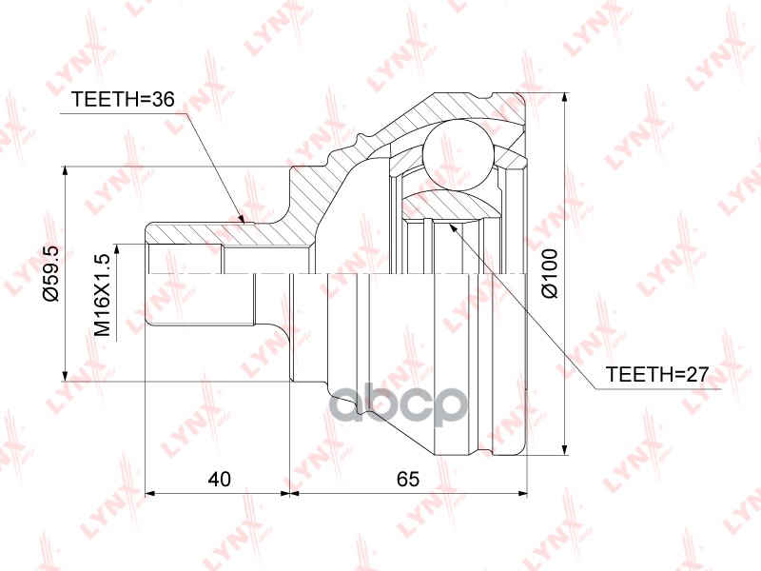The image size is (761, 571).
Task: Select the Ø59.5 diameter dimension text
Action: pos(51,273)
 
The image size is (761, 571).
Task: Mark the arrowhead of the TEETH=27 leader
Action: pos(448,228)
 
